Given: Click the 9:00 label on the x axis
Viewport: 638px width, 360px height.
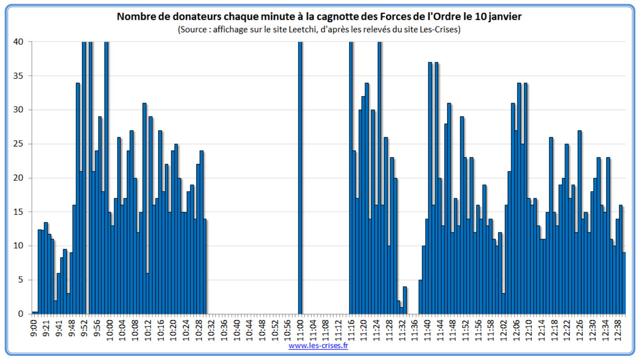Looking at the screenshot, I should click(34, 328).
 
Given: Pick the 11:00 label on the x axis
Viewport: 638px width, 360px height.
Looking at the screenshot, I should click(300, 329).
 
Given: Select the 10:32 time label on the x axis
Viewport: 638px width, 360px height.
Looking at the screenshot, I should click(211, 329).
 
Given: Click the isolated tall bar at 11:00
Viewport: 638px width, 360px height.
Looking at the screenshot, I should click(300, 179).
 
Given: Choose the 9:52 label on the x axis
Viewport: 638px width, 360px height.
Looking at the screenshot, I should click(84, 328).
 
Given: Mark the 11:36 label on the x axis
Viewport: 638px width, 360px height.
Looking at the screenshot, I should click(414, 329).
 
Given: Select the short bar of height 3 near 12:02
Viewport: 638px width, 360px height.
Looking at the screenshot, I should click(504, 304).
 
